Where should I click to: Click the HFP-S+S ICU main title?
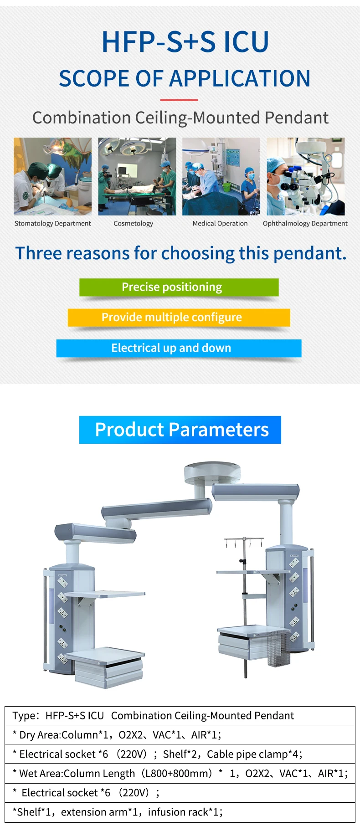(x=185, y=42)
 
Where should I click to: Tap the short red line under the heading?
(x=179, y=100)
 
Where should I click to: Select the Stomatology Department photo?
(x=52, y=176)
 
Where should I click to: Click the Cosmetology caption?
(x=134, y=224)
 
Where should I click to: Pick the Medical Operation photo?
(x=221, y=176)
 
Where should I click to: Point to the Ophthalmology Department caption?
(x=305, y=224)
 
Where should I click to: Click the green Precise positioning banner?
(x=179, y=287)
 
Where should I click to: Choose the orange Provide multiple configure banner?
(x=179, y=318)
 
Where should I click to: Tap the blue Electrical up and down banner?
(x=179, y=348)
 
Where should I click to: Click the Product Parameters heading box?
(x=180, y=430)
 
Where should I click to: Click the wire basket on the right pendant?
(x=278, y=646)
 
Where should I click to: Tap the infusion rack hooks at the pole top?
(x=244, y=542)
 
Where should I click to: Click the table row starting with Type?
(x=180, y=716)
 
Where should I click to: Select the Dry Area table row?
(x=180, y=735)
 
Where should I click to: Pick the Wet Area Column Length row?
(x=180, y=774)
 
